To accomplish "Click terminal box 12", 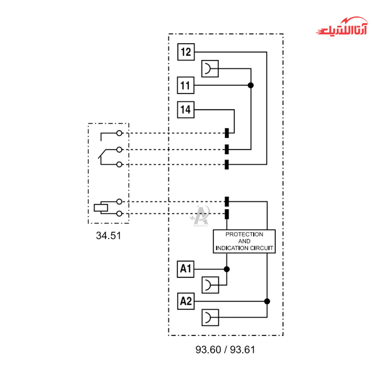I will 186,52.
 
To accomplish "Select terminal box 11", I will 186,85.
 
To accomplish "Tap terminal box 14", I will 186,110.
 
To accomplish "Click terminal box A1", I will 186,269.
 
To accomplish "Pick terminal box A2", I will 186,301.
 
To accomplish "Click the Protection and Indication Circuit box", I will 244,241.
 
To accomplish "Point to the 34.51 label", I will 109,235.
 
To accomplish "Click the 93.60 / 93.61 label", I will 225,350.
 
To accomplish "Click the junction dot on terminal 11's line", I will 251,85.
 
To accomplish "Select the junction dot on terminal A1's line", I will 227,269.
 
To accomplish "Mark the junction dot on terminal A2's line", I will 267,301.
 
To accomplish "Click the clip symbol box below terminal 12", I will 210,69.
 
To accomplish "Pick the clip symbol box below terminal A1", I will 210,285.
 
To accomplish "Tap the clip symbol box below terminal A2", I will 210,317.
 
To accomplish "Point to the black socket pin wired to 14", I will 227,133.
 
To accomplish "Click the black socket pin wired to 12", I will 227,164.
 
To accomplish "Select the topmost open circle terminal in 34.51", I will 119,133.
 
